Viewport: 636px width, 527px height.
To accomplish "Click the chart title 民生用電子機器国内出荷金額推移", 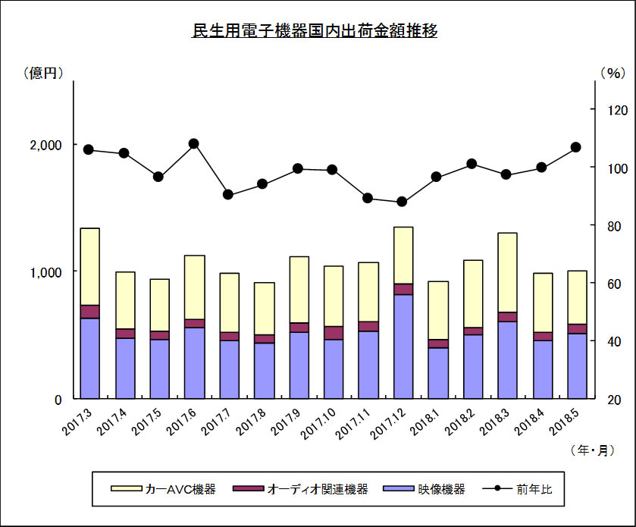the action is coord(315,30).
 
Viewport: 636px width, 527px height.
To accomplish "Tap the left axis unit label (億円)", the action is coord(43,73).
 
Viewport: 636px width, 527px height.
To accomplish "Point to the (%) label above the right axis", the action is coord(613,73).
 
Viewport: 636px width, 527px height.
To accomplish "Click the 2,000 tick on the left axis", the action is coord(45,145).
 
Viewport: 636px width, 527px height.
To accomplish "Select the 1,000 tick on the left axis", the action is coord(45,272).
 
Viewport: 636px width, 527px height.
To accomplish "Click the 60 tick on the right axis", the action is coord(614,284).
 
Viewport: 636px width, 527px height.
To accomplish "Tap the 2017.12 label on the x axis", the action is coord(388,425).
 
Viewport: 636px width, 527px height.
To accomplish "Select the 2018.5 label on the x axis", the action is coord(565,422).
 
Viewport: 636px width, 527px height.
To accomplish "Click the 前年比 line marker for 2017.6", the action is coord(194,143).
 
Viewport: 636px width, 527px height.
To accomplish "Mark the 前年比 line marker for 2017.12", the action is coord(402,202).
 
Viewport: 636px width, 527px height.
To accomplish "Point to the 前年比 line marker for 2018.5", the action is coord(576,147).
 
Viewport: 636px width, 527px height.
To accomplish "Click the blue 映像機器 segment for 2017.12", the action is coord(403,347).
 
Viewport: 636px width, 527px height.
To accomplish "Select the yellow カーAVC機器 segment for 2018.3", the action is coord(507,273).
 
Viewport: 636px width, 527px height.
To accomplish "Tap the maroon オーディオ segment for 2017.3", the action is coord(90,312).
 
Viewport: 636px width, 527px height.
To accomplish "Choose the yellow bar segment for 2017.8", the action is coord(265,309).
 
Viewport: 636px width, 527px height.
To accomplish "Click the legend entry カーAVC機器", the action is coord(164,489).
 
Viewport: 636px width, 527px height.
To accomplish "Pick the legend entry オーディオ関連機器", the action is coord(300,489).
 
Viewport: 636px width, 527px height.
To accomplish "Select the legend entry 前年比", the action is coord(518,489).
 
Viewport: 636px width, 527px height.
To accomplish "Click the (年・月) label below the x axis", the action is coord(593,450).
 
